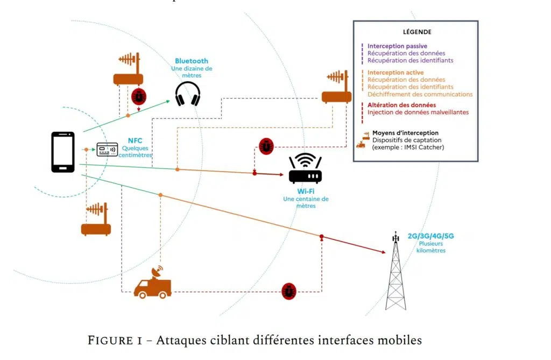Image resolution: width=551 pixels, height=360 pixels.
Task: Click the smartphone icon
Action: coord(63,152)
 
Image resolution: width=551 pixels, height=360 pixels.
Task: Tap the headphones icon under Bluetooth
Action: coord(188,94)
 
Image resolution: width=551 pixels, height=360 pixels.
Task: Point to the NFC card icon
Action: coord(107,150)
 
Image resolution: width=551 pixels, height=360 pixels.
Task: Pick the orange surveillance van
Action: coord(153,284)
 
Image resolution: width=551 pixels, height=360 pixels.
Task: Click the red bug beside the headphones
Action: coord(139,97)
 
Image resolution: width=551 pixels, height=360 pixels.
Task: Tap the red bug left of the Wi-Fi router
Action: coord(266,146)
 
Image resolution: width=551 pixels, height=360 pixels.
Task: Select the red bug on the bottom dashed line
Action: coord(289,292)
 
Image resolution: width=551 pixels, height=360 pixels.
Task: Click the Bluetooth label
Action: coord(191,61)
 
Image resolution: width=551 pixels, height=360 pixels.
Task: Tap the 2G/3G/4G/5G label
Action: coord(430,236)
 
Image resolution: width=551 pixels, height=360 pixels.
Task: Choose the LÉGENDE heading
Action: coord(417,32)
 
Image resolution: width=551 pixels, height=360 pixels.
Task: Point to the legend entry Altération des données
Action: coord(401,105)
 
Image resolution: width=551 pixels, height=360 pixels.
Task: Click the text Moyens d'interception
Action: coord(405,133)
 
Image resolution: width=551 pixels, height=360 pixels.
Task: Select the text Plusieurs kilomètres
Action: coord(430,247)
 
